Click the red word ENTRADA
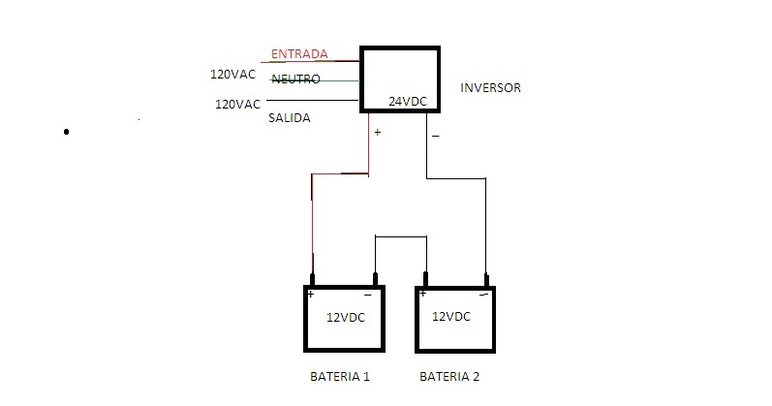click(x=299, y=53)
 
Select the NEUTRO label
click(x=295, y=78)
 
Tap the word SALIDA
click(x=290, y=118)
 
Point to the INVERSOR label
click(x=490, y=88)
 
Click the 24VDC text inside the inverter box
click(x=408, y=101)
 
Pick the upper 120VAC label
click(x=233, y=74)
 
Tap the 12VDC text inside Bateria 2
click(x=451, y=317)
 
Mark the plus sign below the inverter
click(x=377, y=133)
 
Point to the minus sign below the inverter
click(x=435, y=138)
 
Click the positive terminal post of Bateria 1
click(x=312, y=280)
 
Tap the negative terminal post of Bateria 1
click(x=375, y=280)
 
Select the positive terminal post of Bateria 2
click(x=425, y=280)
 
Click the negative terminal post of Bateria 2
click(x=487, y=280)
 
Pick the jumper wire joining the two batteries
click(x=400, y=235)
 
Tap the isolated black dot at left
click(x=66, y=131)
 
